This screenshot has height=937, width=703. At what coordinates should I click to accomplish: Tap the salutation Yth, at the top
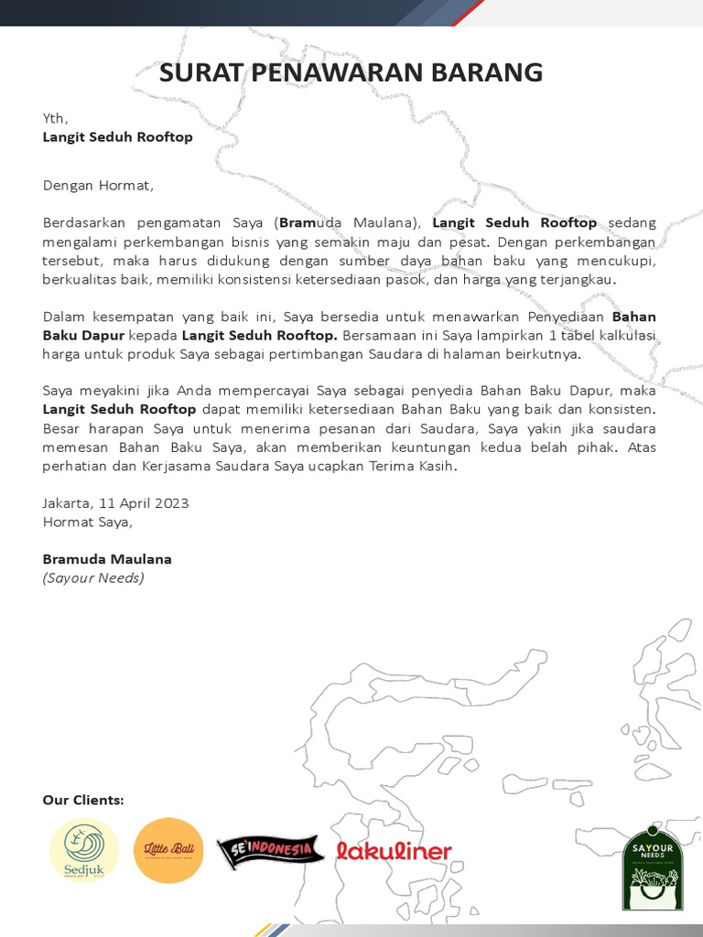[55, 117]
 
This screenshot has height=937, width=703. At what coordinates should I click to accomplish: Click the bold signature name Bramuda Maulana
[107, 559]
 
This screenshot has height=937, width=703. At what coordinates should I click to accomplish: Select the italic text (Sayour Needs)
[93, 578]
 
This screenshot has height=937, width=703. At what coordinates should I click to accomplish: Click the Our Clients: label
[83, 800]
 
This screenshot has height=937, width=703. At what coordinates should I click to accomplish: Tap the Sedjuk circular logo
[84, 850]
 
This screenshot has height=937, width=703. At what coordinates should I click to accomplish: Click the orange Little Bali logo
[168, 850]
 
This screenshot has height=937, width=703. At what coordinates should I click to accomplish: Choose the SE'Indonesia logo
[271, 851]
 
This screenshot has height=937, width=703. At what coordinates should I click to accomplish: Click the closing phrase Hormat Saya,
[88, 522]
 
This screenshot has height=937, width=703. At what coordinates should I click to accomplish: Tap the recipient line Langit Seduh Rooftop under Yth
[117, 136]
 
